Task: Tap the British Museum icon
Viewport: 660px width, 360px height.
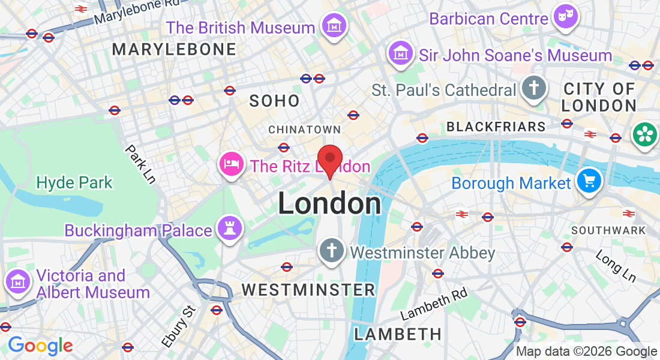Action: [333, 26]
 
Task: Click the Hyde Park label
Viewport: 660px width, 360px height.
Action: [74, 182]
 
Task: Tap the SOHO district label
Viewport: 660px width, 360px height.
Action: [275, 101]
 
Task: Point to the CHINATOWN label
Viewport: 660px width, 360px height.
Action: [304, 130]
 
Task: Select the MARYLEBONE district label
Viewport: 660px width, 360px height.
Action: [174, 49]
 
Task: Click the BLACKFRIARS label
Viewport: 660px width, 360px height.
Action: [496, 127]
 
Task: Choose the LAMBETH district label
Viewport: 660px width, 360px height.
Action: [398, 334]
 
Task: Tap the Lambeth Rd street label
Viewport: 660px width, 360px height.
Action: [433, 304]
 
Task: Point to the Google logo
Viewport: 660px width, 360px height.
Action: [40, 345]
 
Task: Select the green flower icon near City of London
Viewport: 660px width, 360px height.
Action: [645, 134]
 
